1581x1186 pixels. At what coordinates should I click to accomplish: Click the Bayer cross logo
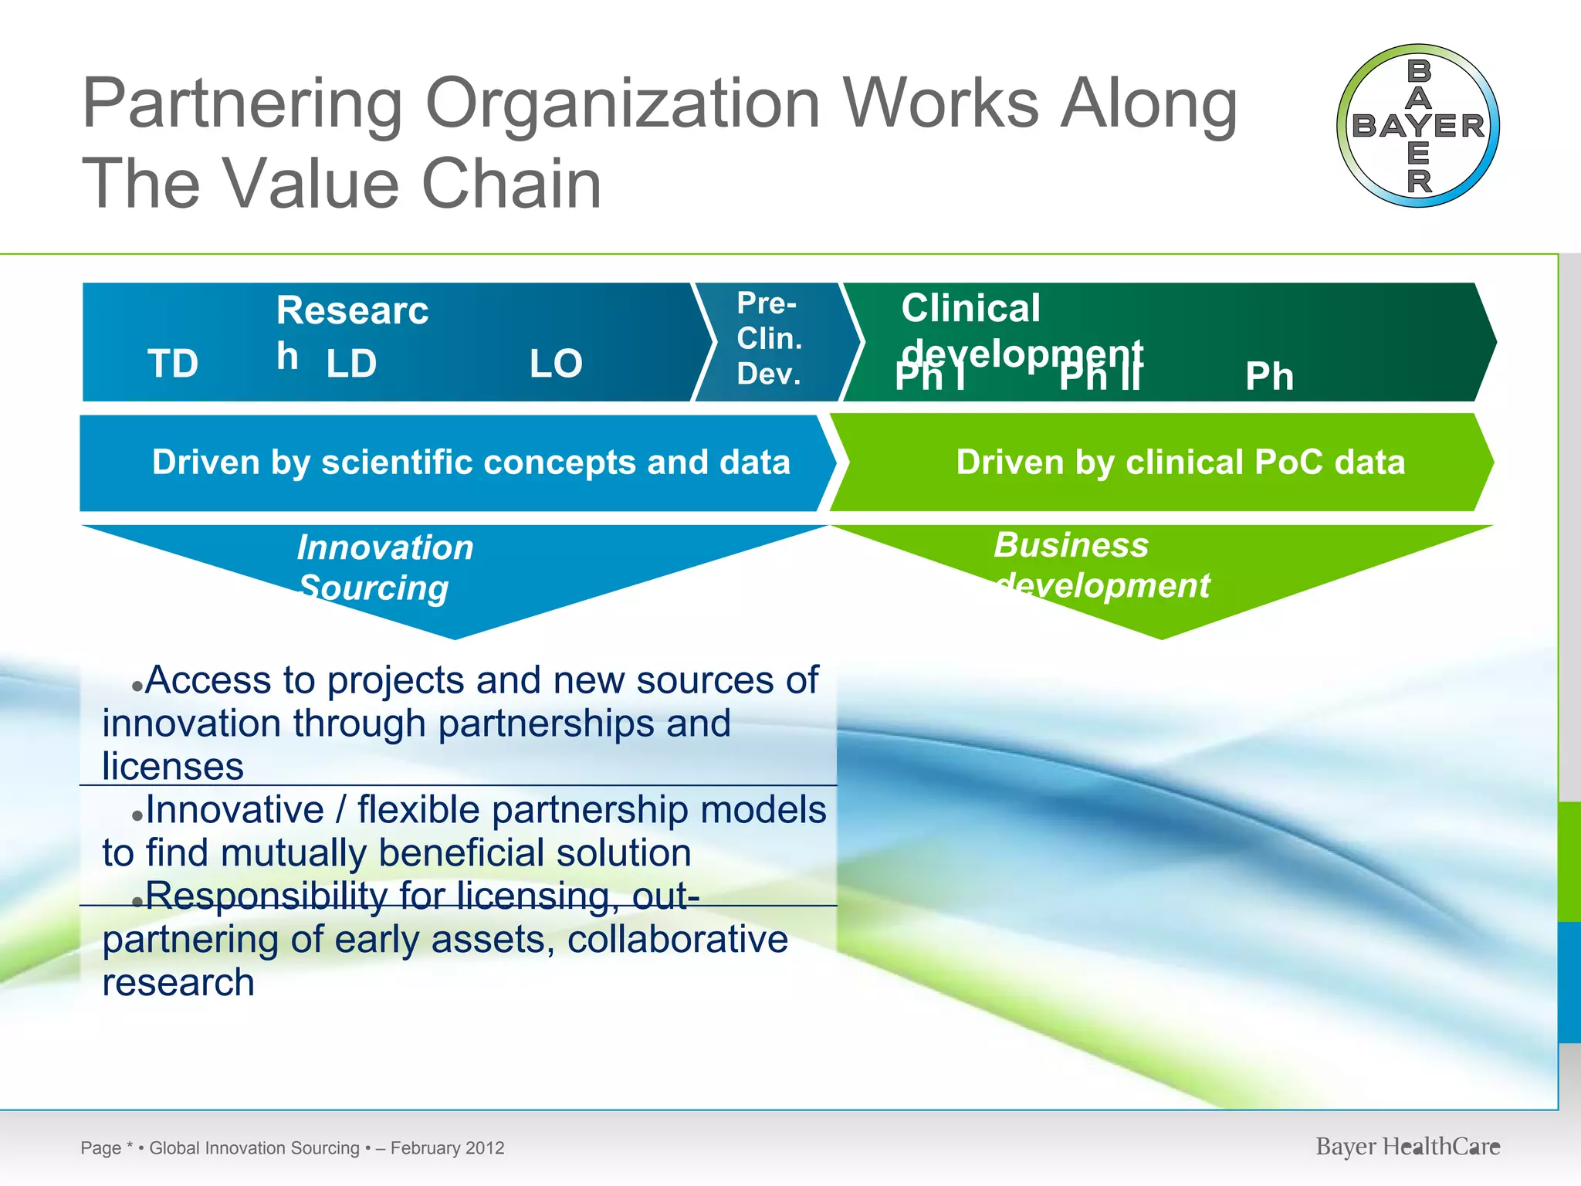1417,126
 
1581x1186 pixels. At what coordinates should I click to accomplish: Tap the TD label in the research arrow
173,364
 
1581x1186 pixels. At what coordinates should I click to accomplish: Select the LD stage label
351,364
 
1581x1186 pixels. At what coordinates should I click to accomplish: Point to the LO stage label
556,364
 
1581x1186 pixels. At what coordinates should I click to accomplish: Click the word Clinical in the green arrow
970,308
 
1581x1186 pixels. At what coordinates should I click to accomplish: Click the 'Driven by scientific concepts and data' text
471,463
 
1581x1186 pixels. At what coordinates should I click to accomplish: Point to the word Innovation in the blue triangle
385,548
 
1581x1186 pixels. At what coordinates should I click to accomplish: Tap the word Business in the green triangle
1071,545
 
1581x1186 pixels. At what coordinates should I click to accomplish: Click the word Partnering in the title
242,104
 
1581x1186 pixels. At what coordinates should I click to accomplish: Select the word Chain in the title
511,185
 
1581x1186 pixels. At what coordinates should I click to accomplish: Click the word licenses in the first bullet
173,767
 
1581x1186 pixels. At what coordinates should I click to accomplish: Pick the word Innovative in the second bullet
235,810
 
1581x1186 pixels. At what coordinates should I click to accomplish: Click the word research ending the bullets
178,983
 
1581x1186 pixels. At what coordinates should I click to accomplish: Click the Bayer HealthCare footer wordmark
1407,1147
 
